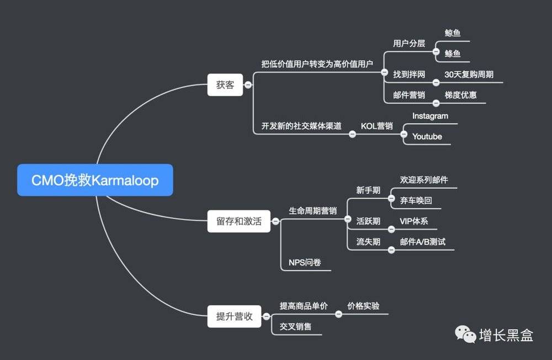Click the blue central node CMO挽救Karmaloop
[x=95, y=180]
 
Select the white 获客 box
[x=225, y=85]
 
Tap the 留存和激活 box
[x=238, y=221]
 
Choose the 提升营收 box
[x=234, y=316]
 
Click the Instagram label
[x=430, y=116]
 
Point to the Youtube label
[x=427, y=136]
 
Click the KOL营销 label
[x=376, y=126]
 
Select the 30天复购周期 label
[x=469, y=75]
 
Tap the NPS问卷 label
[x=305, y=262]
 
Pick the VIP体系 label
[x=413, y=221]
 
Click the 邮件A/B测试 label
[x=423, y=242]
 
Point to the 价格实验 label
[x=363, y=306]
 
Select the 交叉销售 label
[x=295, y=326]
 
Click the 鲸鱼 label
[x=453, y=33]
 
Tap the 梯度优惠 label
[x=460, y=95]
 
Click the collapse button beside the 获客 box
[x=248, y=85]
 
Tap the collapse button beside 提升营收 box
[x=267, y=316]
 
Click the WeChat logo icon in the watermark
[x=465, y=334]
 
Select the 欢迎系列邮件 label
[x=424, y=180]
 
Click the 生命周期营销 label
[x=312, y=211]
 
